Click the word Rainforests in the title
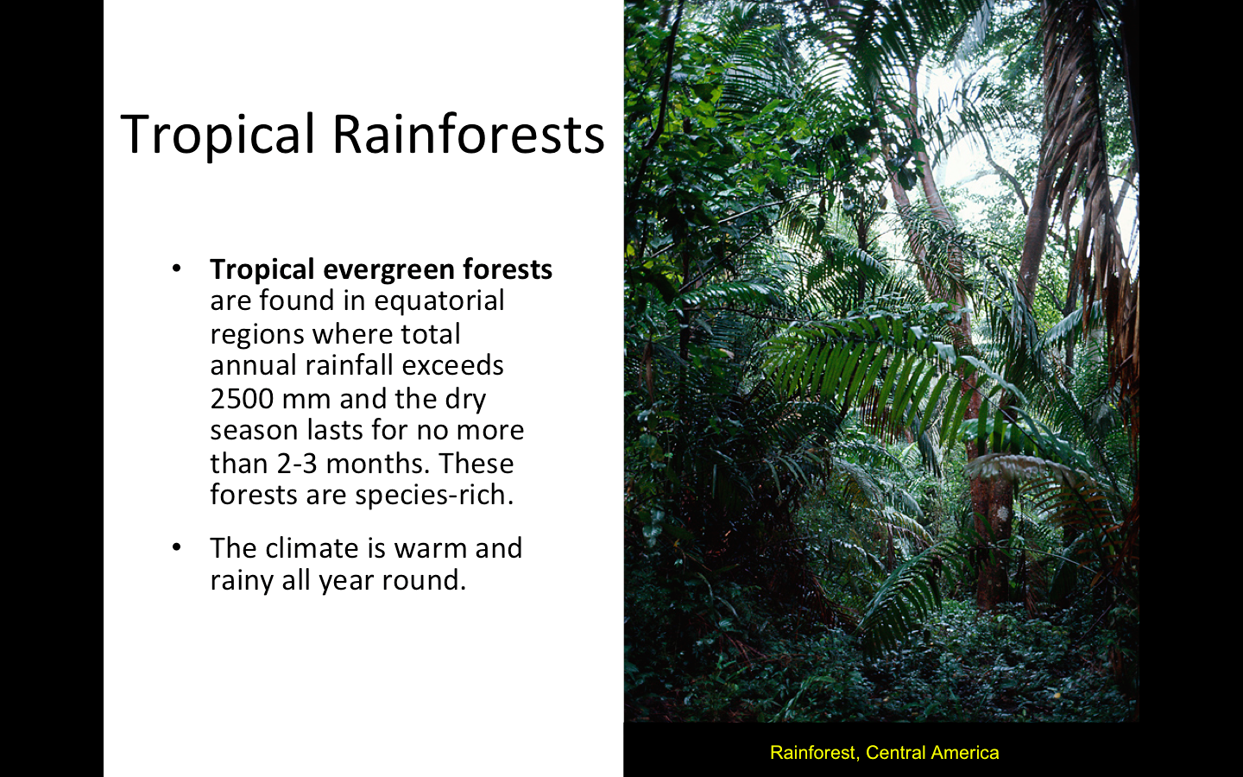(469, 134)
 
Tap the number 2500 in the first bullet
(242, 399)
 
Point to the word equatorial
(439, 301)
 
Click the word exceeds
(452, 366)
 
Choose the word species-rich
(434, 496)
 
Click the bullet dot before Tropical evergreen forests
(176, 269)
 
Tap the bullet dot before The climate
(176, 547)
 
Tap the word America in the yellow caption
(965, 753)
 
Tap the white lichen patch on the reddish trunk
(1001, 513)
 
